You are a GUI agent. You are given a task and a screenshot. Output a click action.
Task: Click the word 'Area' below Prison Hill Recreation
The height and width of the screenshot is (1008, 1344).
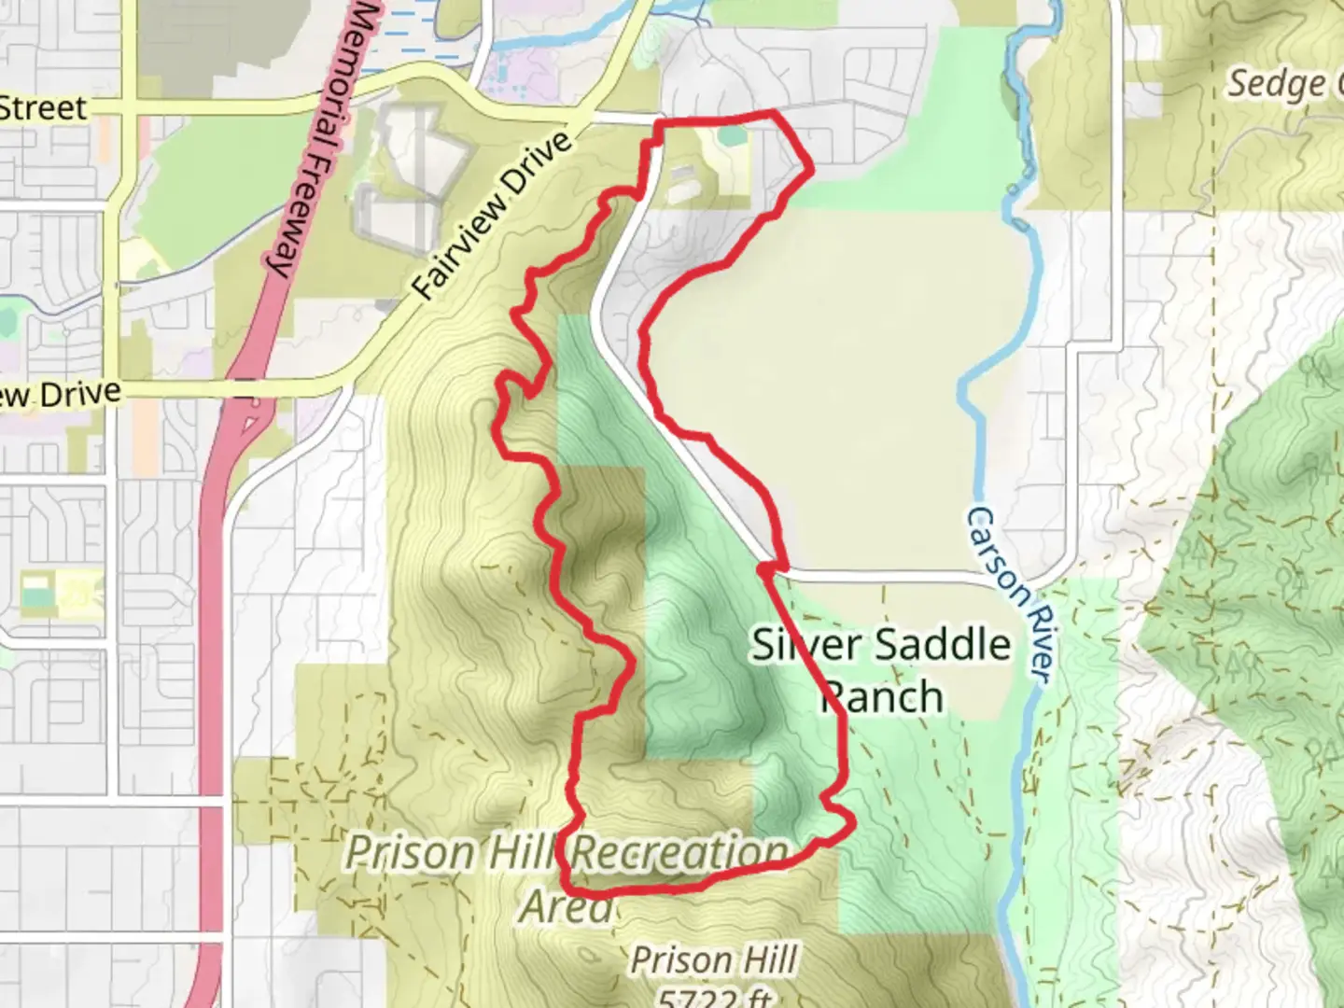(566, 905)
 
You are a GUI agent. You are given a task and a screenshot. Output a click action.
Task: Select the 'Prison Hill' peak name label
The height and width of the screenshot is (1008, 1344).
(714, 959)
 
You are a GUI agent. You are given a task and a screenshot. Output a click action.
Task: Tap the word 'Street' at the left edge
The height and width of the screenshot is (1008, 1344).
(43, 108)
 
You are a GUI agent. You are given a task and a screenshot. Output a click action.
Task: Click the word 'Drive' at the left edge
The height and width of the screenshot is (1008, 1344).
(78, 394)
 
